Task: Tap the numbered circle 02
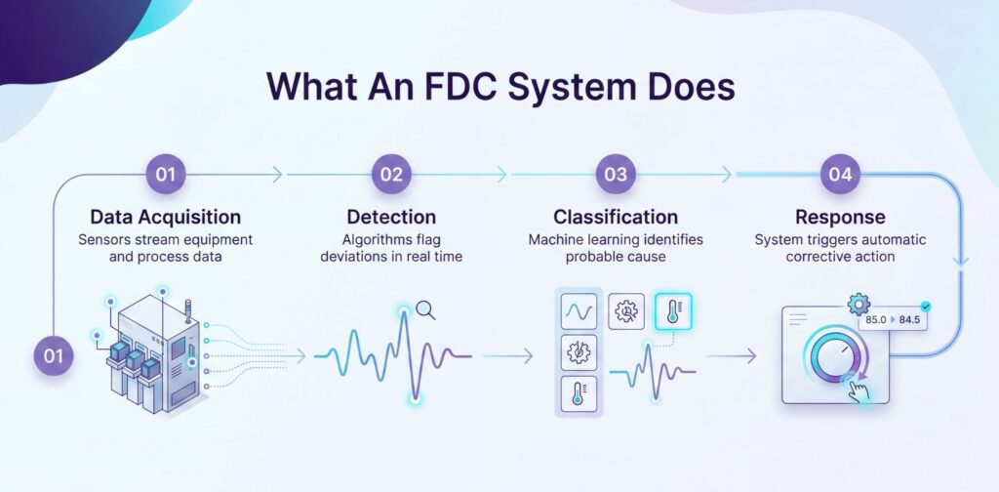(x=392, y=174)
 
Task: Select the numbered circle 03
(x=617, y=174)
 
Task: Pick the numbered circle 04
(x=840, y=174)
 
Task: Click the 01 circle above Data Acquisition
(x=166, y=174)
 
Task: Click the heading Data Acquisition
(x=166, y=217)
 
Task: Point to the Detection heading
(x=392, y=217)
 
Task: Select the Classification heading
(x=617, y=217)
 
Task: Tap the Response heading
(x=840, y=217)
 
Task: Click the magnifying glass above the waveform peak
(x=425, y=310)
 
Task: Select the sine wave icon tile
(x=579, y=311)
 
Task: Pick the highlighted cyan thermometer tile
(x=673, y=311)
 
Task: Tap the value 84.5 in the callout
(x=909, y=320)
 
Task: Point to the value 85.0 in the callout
(x=876, y=320)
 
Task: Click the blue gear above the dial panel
(x=859, y=305)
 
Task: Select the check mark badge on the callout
(x=926, y=307)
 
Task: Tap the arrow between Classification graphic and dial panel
(x=732, y=356)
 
